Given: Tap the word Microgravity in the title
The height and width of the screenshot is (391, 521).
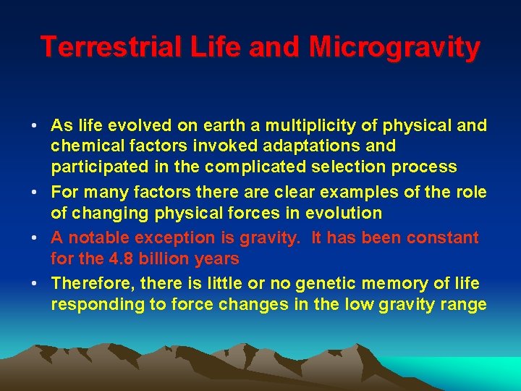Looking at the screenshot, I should pyautogui.click(x=394, y=47).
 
